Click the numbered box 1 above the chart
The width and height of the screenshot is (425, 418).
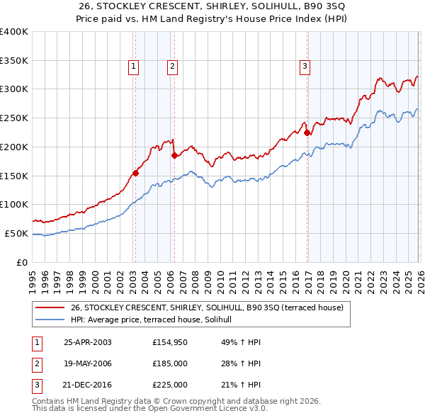(x=134, y=67)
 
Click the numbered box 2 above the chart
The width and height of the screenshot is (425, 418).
(x=172, y=67)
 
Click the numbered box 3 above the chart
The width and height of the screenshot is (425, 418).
(x=305, y=67)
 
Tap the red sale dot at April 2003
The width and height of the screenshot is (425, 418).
(x=135, y=172)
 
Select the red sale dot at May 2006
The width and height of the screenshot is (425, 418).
(x=174, y=155)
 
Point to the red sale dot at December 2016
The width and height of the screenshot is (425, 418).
(x=307, y=132)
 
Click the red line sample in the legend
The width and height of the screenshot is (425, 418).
(x=50, y=307)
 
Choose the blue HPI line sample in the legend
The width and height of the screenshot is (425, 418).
(x=50, y=320)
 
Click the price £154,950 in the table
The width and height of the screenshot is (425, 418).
(x=169, y=342)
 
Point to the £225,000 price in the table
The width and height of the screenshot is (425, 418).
(x=169, y=385)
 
